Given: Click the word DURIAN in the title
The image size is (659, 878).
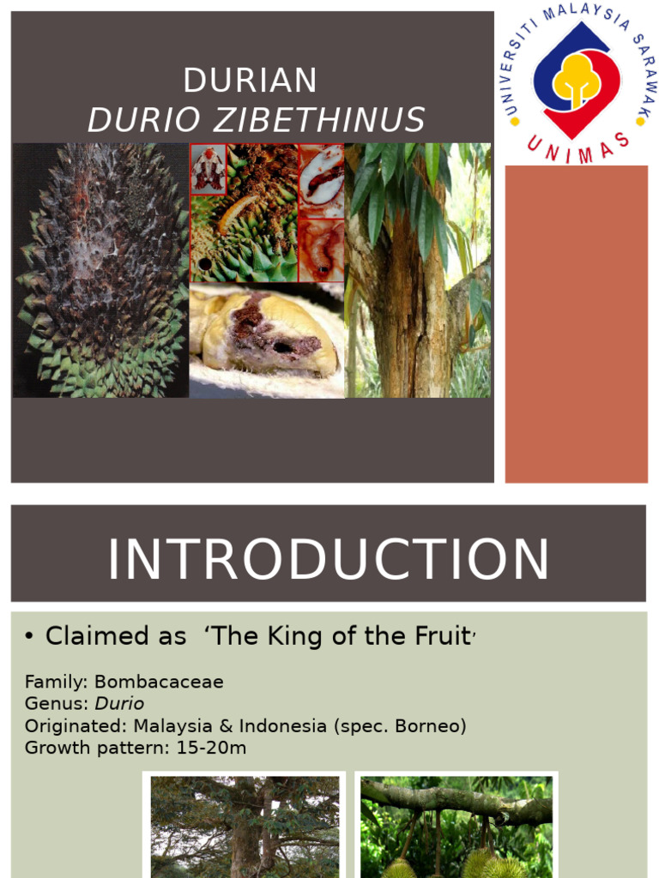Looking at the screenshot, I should pyautogui.click(x=250, y=81).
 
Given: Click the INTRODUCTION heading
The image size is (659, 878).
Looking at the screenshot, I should pyautogui.click(x=328, y=559).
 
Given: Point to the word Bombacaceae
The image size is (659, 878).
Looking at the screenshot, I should pyautogui.click(x=159, y=683).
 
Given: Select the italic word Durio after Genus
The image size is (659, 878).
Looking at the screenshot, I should pyautogui.click(x=119, y=704).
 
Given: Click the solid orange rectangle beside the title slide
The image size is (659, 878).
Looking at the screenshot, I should pyautogui.click(x=576, y=323).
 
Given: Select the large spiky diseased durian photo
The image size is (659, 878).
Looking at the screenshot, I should pyautogui.click(x=100, y=270).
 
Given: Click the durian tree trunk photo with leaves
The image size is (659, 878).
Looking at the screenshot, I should pyautogui.click(x=418, y=270).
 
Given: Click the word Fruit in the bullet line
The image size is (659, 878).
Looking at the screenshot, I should pyautogui.click(x=441, y=636).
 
